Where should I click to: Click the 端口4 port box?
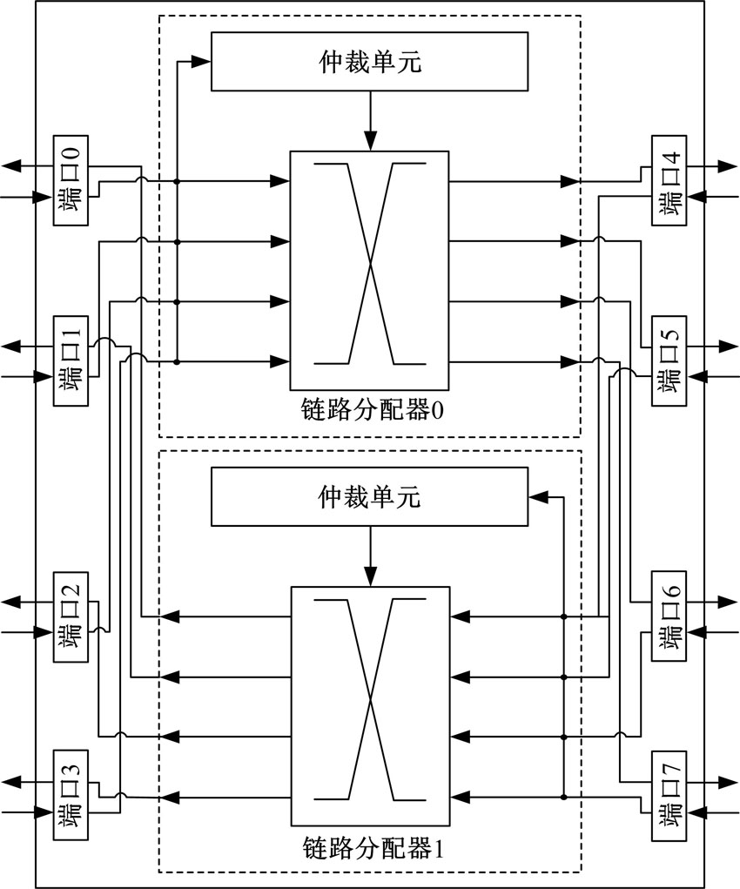669,180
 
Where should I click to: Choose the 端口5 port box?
669,360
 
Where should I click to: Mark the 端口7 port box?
669,794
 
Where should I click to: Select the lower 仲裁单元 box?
370,498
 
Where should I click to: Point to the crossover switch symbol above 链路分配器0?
370,270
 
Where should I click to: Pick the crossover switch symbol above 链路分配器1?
370,705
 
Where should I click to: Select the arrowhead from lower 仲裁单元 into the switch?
370,576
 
